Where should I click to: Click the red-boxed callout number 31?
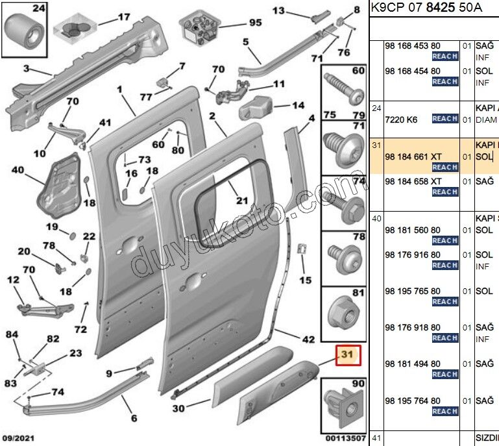(347, 355)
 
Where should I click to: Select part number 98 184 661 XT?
(413, 156)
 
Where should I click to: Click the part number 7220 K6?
(401, 119)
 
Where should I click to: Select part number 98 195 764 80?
(413, 401)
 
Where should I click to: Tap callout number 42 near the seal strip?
(308, 339)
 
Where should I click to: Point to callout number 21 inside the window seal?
(241, 201)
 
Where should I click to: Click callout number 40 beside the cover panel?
(18, 171)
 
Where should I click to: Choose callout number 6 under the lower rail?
(134, 418)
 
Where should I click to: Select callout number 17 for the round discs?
(123, 18)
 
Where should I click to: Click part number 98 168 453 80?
(413, 46)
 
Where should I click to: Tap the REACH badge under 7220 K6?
(445, 119)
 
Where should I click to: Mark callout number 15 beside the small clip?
(305, 280)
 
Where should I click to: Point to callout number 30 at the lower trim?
(178, 408)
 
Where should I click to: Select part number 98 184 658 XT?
(413, 181)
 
